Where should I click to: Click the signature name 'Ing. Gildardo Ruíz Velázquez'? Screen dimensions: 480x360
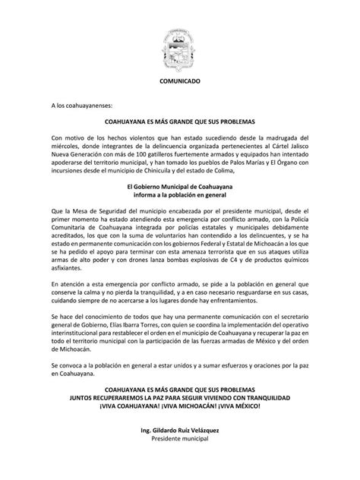pos(180,431)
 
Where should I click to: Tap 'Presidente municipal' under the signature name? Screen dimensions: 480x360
pos(180,440)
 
